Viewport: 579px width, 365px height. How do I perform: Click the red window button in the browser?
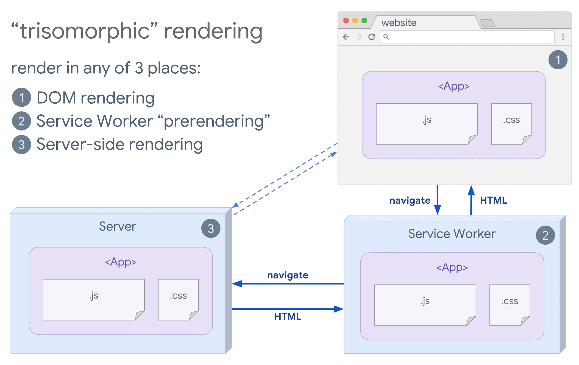(346, 21)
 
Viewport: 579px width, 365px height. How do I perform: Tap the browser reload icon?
(372, 37)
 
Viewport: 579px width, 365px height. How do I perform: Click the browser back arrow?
(346, 37)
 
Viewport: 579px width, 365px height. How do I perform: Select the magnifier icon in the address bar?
(386, 37)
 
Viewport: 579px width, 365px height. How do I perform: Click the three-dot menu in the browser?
(563, 37)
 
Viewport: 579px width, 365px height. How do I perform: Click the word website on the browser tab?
(399, 23)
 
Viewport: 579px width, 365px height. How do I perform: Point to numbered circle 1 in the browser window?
(558, 60)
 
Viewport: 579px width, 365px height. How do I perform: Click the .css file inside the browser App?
(511, 124)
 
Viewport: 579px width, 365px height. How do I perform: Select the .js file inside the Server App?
(94, 299)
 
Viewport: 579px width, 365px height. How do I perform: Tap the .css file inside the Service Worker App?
(510, 305)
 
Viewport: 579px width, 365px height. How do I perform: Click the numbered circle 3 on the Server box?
(211, 228)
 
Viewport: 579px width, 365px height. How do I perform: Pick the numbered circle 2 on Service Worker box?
(545, 235)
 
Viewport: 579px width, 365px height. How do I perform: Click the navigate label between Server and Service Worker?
(288, 275)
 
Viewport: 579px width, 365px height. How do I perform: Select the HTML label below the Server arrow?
(288, 317)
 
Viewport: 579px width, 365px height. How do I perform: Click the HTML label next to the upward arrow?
(493, 200)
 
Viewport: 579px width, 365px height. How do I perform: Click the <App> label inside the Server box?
(121, 262)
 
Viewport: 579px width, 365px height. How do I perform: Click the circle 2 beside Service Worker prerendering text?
(21, 121)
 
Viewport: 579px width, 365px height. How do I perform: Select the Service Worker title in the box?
(452, 234)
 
